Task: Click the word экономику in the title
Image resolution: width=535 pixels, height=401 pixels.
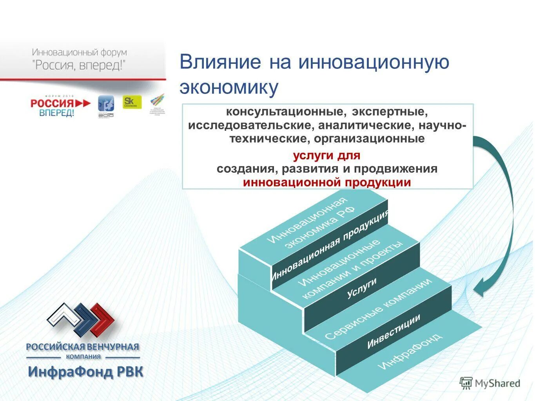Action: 229,88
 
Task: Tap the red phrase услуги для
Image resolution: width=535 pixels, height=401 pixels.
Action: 326,155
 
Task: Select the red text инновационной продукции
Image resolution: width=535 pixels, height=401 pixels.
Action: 326,182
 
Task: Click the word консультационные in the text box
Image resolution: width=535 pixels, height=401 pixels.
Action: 286,112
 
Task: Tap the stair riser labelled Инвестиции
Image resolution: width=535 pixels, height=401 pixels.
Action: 394,331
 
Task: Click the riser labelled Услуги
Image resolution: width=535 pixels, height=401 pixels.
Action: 361,287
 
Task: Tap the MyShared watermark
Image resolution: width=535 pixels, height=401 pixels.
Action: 490,383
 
